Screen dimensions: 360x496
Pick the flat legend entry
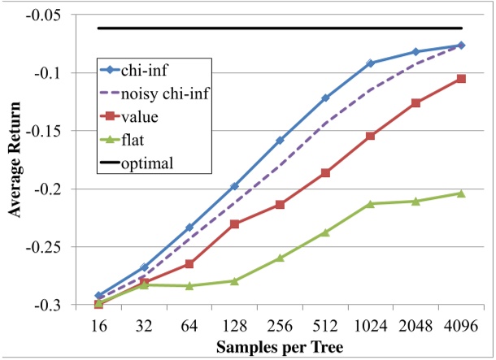[x=133, y=140]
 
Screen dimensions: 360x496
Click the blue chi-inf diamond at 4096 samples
[x=461, y=46]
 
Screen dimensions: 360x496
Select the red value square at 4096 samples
[x=461, y=79]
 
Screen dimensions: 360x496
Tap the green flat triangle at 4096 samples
[x=461, y=193]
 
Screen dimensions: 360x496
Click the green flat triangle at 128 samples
[x=235, y=281]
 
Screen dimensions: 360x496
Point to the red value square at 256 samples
[x=280, y=205]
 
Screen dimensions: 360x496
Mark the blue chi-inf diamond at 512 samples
[x=325, y=98]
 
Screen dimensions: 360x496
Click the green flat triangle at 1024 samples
[x=371, y=203]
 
